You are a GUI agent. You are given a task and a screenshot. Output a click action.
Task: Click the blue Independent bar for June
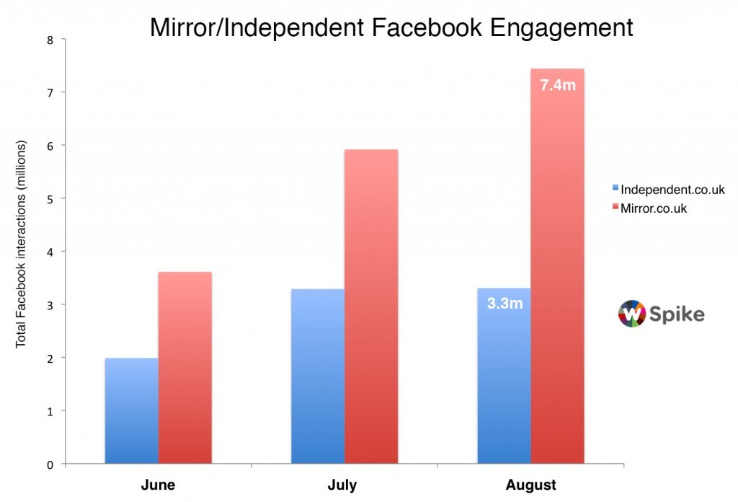(x=132, y=410)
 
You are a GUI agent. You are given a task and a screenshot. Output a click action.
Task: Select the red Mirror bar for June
(x=185, y=367)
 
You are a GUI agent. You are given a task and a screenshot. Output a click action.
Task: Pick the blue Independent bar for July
(x=318, y=376)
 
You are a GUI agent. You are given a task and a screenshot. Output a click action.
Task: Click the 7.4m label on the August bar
(x=558, y=86)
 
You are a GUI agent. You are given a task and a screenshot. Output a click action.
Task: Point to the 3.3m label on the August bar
(x=504, y=304)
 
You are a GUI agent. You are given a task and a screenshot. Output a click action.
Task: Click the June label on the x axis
(x=159, y=485)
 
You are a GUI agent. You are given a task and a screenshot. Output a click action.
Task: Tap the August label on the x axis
(x=531, y=485)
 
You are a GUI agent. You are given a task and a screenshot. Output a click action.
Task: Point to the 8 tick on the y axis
(x=50, y=40)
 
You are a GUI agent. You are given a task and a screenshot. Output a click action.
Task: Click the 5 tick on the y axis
(x=50, y=198)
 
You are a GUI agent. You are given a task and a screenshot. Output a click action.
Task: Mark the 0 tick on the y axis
(x=50, y=464)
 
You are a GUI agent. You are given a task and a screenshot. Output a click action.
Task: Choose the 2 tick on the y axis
(x=50, y=358)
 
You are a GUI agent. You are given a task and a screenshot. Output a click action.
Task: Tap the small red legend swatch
(x=615, y=208)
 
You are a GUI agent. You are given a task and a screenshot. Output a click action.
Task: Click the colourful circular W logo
(x=631, y=314)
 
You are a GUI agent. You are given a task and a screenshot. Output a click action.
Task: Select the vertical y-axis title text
(x=21, y=245)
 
